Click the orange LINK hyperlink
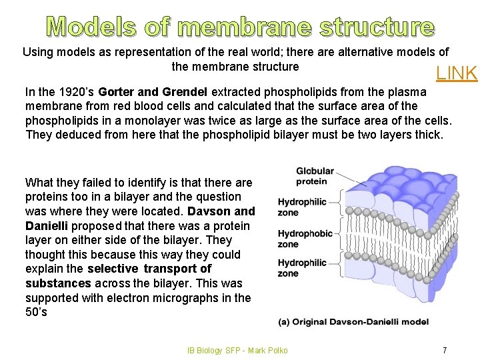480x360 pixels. [x=457, y=73]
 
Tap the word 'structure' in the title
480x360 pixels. [x=377, y=27]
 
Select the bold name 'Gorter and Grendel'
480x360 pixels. [x=153, y=91]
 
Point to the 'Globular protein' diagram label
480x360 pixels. [x=312, y=177]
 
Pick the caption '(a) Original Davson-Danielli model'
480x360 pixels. [x=353, y=322]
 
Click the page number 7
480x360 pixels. [x=445, y=350]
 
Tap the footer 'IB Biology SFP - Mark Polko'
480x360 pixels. [x=239, y=351]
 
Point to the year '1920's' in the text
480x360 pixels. [x=74, y=91]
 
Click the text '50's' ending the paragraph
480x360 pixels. [x=36, y=312]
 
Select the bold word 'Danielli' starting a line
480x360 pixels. [x=47, y=225]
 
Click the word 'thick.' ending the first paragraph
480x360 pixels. [x=426, y=135]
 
